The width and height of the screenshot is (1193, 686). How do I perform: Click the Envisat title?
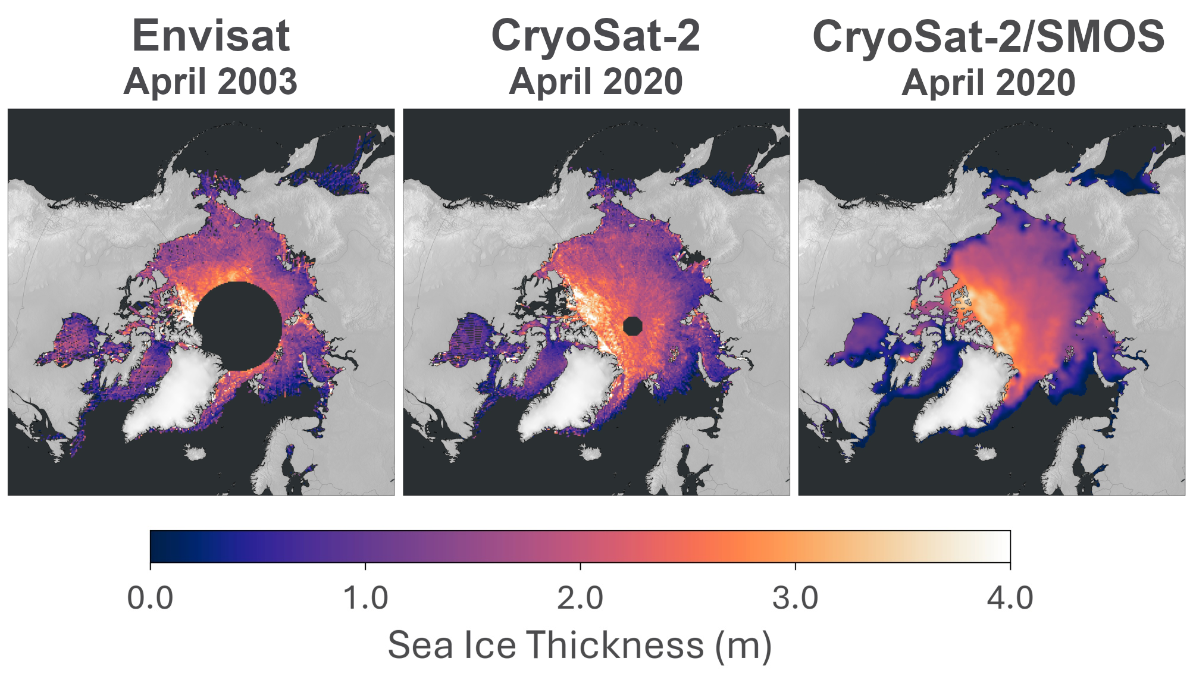point(211,37)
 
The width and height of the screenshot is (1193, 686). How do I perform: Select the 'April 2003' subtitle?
point(211,82)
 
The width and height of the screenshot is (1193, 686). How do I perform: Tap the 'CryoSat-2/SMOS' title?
point(988,37)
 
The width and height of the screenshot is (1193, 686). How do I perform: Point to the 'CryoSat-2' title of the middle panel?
point(596,36)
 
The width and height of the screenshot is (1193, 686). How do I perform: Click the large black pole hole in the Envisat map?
point(237,326)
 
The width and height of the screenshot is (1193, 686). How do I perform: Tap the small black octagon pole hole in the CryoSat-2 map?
point(632,326)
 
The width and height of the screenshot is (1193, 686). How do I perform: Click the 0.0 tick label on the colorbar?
point(150,597)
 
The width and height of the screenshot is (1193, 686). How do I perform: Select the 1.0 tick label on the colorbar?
point(365,597)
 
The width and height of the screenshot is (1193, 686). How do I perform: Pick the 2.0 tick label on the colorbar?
point(580,597)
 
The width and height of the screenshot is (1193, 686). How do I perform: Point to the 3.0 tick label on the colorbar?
point(796,597)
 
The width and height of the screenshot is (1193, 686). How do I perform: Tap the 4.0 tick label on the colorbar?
point(1010,597)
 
